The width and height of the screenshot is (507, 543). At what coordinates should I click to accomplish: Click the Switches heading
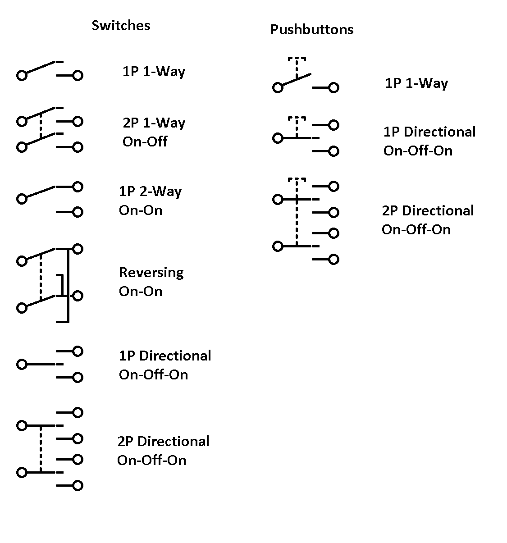[x=121, y=25]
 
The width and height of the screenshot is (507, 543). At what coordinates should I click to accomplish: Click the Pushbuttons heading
[x=312, y=29]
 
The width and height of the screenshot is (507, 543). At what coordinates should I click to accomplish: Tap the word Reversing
[x=151, y=273]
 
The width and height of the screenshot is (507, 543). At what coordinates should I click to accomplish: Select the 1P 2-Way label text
[x=150, y=191]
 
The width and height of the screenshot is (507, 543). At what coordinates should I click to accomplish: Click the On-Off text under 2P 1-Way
[x=145, y=141]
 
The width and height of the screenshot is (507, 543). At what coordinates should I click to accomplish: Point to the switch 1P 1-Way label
[x=154, y=72]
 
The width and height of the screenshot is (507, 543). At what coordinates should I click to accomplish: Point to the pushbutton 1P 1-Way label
[x=416, y=83]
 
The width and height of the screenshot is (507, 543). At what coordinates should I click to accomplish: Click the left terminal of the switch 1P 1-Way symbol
[x=22, y=75]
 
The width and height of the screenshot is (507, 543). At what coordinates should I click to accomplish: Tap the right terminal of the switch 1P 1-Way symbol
[x=78, y=75]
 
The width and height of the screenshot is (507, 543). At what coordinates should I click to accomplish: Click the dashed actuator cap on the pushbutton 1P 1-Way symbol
[x=297, y=59]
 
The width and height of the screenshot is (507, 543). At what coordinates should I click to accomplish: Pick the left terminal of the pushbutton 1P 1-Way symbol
[x=278, y=88]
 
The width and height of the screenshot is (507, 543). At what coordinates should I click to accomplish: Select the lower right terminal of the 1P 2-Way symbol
[x=78, y=212]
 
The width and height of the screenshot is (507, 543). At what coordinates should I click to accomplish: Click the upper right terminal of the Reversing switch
[x=78, y=249]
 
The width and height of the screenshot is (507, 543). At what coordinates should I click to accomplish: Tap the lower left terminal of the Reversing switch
[x=22, y=308]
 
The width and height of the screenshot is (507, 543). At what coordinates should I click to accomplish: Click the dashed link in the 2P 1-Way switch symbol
[x=41, y=125]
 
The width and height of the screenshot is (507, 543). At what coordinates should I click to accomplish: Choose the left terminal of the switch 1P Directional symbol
[x=22, y=365]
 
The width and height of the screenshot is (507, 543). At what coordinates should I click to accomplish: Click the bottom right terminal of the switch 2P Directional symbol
[x=78, y=486]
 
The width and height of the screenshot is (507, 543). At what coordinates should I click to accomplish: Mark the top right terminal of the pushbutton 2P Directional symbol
[x=333, y=187]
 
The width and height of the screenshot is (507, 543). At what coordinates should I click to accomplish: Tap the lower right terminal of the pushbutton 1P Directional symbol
[x=333, y=151]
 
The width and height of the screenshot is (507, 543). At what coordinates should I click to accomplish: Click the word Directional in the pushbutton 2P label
[x=438, y=210]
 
